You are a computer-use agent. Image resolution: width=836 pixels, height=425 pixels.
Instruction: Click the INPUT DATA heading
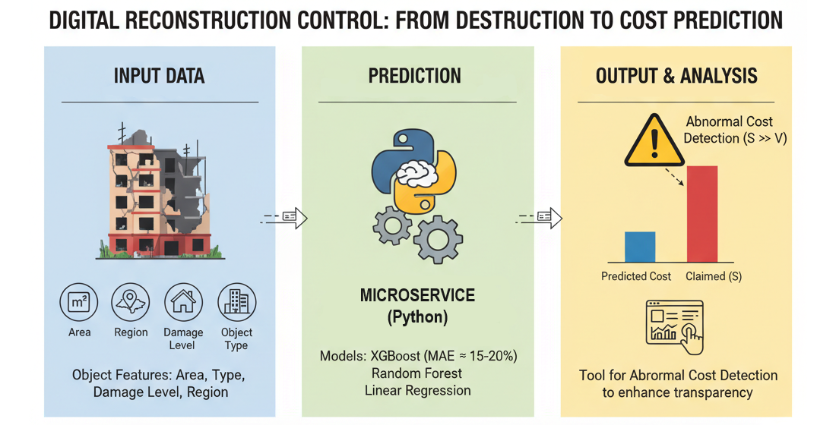[x=159, y=76]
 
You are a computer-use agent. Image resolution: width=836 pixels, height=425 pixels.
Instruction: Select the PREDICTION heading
[x=414, y=76]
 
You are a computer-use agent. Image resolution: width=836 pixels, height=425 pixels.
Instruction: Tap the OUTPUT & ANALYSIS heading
[x=676, y=76]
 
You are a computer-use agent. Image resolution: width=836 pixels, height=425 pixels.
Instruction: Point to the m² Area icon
[x=79, y=304]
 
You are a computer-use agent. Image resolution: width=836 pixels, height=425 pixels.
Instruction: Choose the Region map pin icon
[x=131, y=304]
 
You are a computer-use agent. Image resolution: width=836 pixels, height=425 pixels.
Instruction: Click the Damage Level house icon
[x=183, y=304]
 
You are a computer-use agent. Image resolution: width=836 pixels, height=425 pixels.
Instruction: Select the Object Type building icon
[x=236, y=304]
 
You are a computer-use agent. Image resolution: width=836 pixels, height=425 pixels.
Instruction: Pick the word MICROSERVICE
[x=416, y=295]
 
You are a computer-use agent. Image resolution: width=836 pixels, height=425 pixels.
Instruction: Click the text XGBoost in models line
[x=406, y=356]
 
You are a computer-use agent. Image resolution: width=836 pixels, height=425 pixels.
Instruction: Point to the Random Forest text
[x=416, y=373]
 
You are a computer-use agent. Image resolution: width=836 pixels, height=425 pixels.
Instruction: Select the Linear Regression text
[x=416, y=391]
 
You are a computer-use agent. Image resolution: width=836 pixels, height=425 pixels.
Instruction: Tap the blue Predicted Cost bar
[x=639, y=247]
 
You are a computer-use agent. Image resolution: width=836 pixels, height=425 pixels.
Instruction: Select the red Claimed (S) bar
[x=701, y=213]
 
